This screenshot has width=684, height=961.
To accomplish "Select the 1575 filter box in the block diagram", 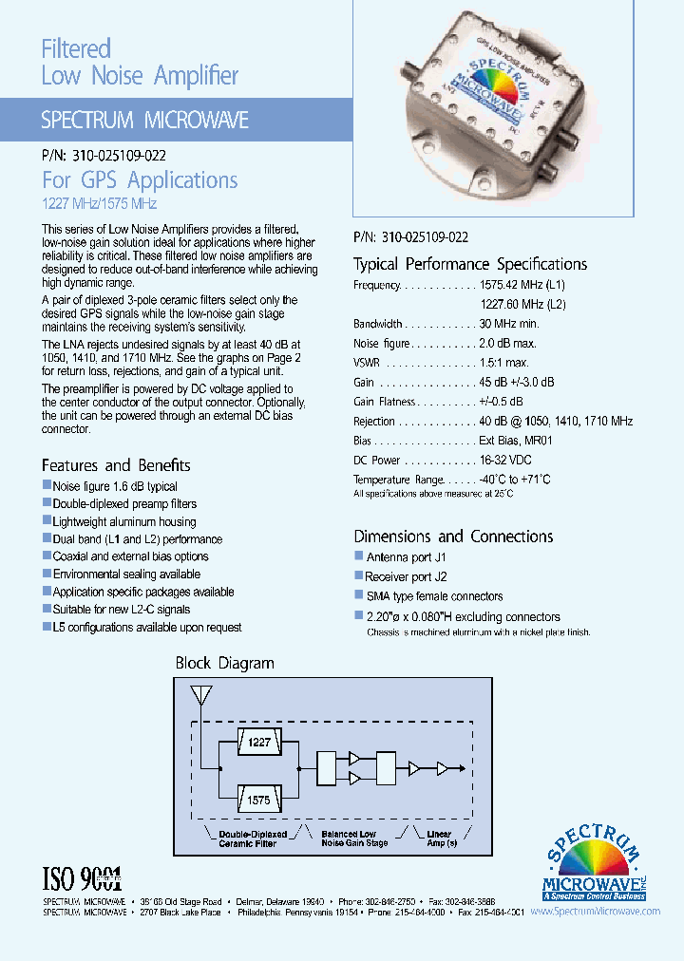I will click(258, 801).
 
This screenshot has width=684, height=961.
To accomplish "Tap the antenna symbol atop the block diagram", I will click(201, 696).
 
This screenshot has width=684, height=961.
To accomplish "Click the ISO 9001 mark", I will click(83, 876).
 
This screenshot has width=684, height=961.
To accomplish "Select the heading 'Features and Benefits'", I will click(116, 465).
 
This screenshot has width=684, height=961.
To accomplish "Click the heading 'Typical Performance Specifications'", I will click(470, 264).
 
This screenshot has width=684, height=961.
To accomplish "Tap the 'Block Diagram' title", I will click(224, 663).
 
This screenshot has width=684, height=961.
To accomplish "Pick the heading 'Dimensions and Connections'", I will click(453, 536).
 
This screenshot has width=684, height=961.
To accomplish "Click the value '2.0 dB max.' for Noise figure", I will click(508, 343).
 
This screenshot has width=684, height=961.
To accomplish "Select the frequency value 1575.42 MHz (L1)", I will click(522, 285).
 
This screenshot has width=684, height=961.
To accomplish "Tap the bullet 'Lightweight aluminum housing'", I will click(124, 521).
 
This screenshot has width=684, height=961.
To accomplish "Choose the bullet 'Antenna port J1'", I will click(406, 556).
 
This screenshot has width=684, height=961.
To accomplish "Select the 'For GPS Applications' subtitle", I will click(140, 179).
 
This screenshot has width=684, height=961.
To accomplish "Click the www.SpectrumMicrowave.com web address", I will click(596, 911).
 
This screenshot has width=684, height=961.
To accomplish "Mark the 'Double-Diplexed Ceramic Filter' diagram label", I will click(247, 839).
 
